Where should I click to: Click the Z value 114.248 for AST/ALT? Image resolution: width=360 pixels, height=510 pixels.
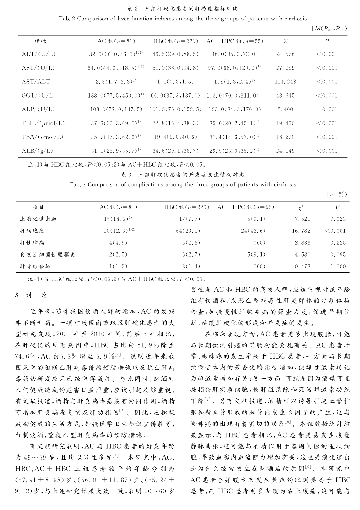coord(285,82)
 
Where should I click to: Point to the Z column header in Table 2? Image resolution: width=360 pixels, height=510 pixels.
coord(285,41)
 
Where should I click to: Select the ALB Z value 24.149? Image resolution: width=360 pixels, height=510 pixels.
coord(285,151)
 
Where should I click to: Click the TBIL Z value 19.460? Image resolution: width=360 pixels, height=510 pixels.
coord(285,123)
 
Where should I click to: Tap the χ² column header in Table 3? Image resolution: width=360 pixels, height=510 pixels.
coord(302,207)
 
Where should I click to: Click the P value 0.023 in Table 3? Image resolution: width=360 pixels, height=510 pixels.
coord(338,219)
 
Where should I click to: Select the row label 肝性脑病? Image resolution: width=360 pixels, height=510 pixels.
coord(32,243)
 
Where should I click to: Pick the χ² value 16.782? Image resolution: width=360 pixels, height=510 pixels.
coord(301,231)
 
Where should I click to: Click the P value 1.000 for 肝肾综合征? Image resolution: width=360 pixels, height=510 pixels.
coord(338,267)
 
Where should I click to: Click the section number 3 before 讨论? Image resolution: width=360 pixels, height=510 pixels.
coord(17,295)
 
